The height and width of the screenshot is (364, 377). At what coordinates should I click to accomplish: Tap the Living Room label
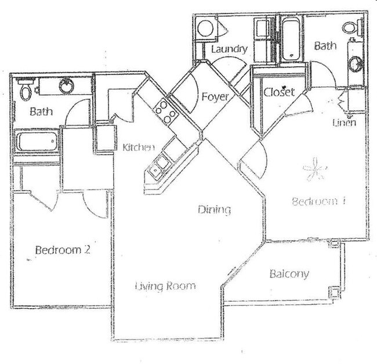coord(165,286)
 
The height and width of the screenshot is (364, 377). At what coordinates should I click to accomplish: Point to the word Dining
coord(214,210)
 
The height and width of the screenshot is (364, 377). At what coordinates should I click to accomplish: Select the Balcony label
coord(289,273)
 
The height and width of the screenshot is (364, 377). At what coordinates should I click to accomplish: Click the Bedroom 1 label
coord(318,202)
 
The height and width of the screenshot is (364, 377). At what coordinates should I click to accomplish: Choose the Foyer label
coord(215,97)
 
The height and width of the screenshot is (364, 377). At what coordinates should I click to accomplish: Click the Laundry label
coord(229,49)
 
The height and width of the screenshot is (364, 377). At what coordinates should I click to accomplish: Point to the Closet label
coord(279,92)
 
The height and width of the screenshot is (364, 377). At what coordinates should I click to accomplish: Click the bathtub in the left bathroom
coord(36,141)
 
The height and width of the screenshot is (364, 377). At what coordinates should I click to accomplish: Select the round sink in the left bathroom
coord(67,87)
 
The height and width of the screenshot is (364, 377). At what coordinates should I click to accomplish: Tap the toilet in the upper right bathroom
coord(350,27)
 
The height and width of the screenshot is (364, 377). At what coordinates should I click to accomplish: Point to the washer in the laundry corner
coord(205,28)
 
